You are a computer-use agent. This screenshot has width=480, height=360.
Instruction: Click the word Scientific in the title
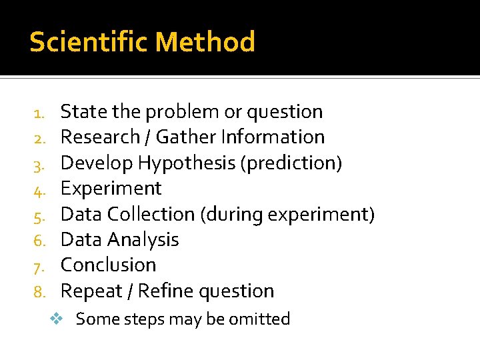[x=89, y=42]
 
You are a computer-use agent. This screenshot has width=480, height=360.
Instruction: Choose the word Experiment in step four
[x=111, y=189]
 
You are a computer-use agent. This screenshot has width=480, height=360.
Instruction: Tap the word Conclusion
[x=108, y=265]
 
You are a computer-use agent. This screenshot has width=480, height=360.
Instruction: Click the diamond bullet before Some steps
[x=57, y=319]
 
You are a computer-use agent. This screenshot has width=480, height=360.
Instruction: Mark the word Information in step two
[x=273, y=137]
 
